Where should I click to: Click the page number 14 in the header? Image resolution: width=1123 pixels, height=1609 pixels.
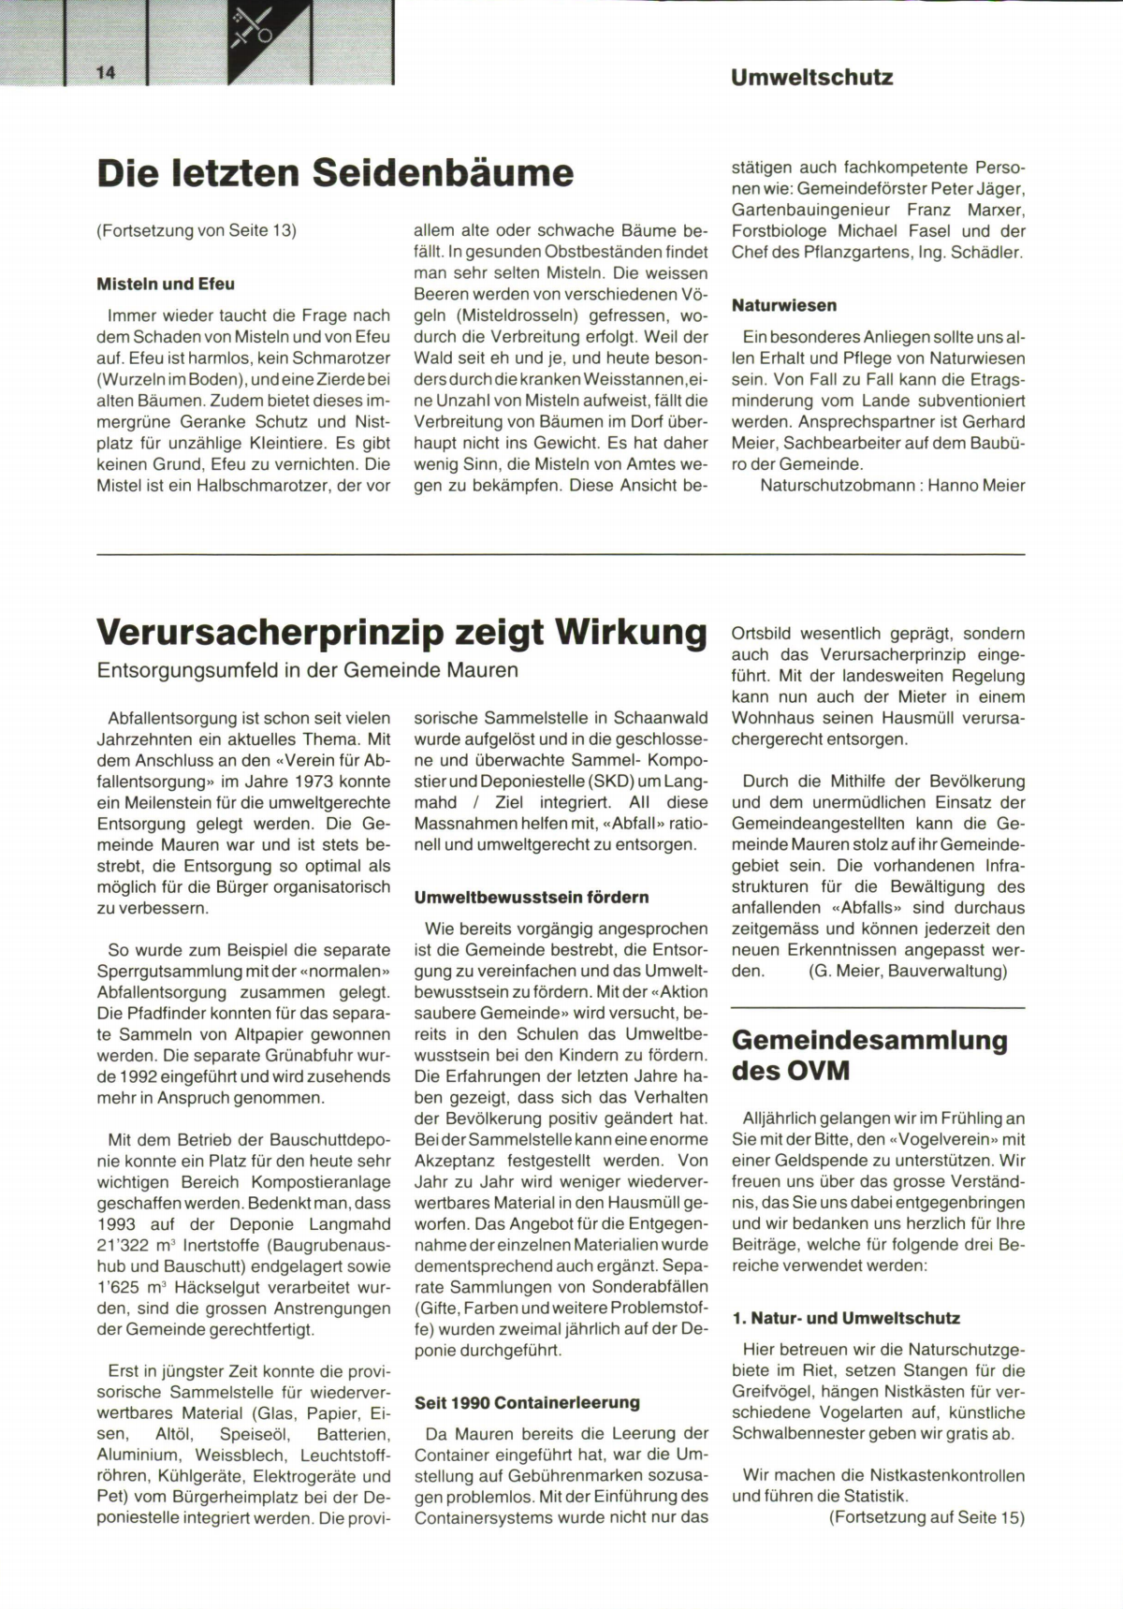(x=104, y=74)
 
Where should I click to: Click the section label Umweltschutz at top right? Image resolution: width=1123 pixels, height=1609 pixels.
(x=811, y=78)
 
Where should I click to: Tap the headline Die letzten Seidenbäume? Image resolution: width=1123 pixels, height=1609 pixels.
(x=335, y=173)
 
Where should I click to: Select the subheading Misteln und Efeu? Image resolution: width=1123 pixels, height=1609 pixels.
(x=166, y=284)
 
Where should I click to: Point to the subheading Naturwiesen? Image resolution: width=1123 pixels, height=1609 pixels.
(x=784, y=305)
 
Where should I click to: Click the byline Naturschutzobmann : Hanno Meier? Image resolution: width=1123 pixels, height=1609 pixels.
(x=892, y=485)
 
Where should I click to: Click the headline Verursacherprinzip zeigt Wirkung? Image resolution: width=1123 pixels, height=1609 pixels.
(x=401, y=633)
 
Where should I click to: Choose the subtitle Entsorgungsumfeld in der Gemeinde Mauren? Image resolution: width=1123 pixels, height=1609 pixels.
(x=307, y=671)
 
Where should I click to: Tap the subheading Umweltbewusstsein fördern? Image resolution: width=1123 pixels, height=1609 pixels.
(x=532, y=897)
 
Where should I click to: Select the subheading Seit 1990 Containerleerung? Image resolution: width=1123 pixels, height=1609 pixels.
(x=527, y=1402)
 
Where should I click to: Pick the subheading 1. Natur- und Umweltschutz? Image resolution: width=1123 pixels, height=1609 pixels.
(x=846, y=1318)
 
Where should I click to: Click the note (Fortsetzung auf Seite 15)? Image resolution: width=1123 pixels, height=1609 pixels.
(x=926, y=1517)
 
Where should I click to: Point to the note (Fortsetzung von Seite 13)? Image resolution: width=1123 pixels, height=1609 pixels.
(x=197, y=230)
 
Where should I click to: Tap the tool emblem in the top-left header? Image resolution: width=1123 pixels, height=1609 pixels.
(x=252, y=28)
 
